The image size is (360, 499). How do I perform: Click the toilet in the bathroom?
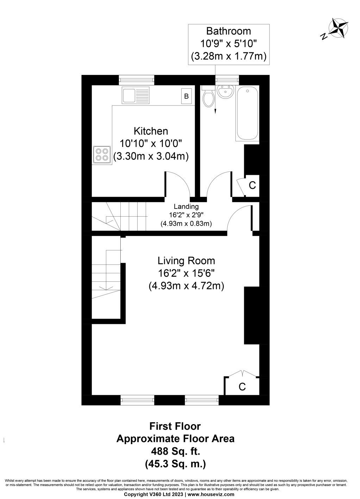click(x=208, y=98)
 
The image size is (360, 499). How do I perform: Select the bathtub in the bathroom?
click(x=247, y=114)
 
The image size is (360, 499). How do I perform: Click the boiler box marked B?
click(x=187, y=96)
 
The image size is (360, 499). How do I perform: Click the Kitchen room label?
click(x=151, y=131)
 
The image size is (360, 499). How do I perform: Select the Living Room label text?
click(x=186, y=261)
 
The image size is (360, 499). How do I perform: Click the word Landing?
click(x=186, y=207)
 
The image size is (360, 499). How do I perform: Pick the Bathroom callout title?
click(x=228, y=31)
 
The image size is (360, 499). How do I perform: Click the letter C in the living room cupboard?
click(x=242, y=387)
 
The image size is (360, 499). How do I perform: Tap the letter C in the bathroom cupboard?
click(x=252, y=185)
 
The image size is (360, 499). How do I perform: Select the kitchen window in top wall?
click(x=137, y=80)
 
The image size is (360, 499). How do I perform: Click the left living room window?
click(x=137, y=399)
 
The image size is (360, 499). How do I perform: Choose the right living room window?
click(x=202, y=399)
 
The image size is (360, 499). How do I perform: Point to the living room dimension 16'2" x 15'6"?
click(x=186, y=273)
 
